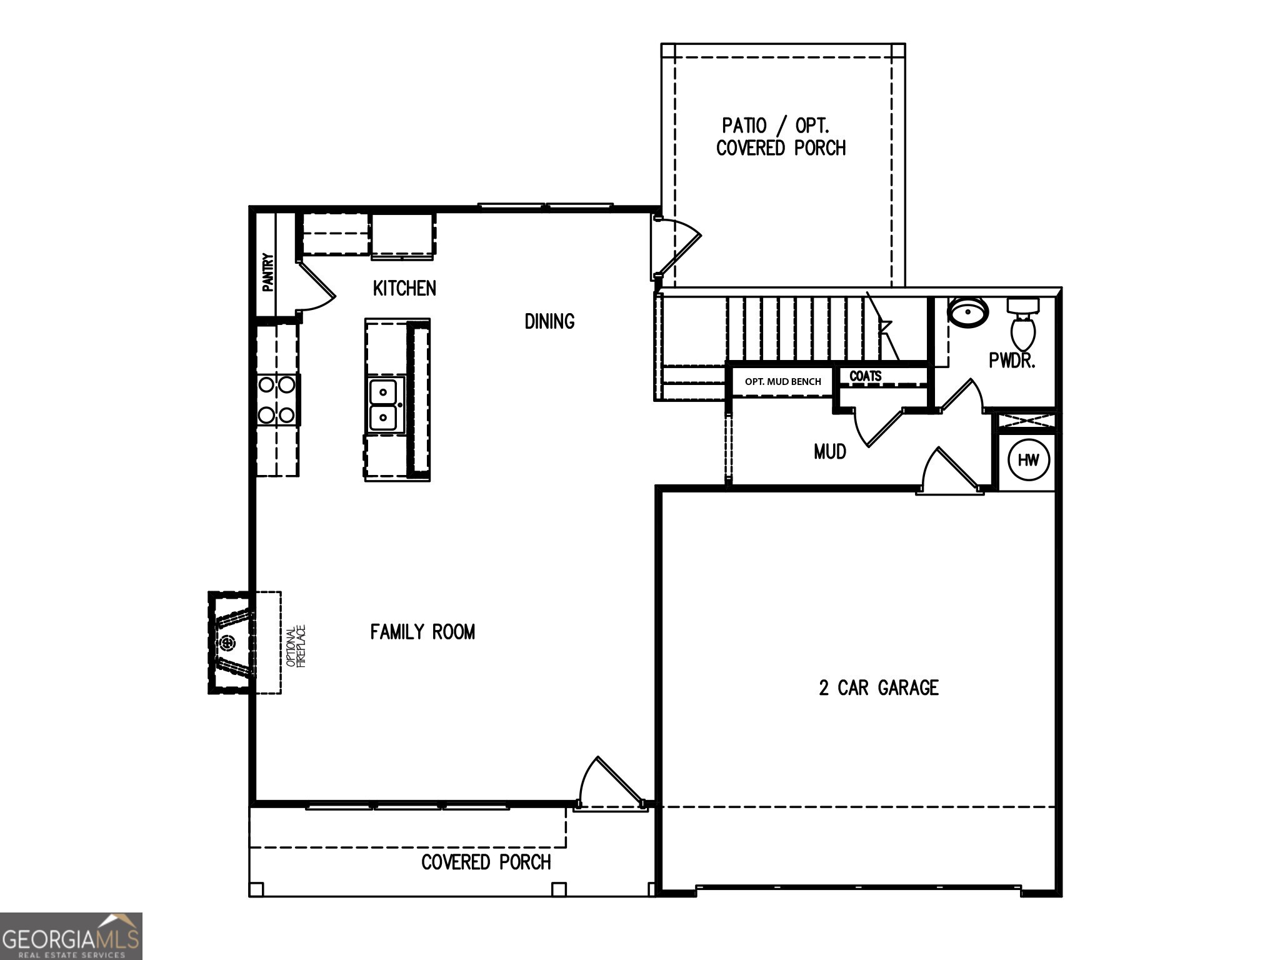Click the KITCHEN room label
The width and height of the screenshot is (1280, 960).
[x=404, y=288]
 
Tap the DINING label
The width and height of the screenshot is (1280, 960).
[x=549, y=321]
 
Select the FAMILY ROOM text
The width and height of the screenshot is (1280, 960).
[x=422, y=632]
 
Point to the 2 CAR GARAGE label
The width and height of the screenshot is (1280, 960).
[x=879, y=688]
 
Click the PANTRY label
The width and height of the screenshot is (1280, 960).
[x=267, y=272]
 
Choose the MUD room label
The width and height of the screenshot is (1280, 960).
[x=830, y=451]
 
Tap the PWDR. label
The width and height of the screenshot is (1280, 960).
[x=1012, y=361]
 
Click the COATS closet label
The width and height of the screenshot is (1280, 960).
[x=866, y=376]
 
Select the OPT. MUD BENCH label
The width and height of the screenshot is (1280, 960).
[x=782, y=382]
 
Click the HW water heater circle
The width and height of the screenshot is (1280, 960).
[x=1028, y=461]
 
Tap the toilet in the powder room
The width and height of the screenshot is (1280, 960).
[x=1023, y=326]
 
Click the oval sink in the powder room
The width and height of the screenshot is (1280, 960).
[x=968, y=311]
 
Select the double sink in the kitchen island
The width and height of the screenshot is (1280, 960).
[x=383, y=404]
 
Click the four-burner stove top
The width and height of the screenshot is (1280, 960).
[x=277, y=399]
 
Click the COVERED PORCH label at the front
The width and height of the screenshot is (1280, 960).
[x=486, y=862]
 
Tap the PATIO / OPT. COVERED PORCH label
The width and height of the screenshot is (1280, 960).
[x=781, y=137]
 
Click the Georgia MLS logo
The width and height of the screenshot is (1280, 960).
[x=71, y=936]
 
